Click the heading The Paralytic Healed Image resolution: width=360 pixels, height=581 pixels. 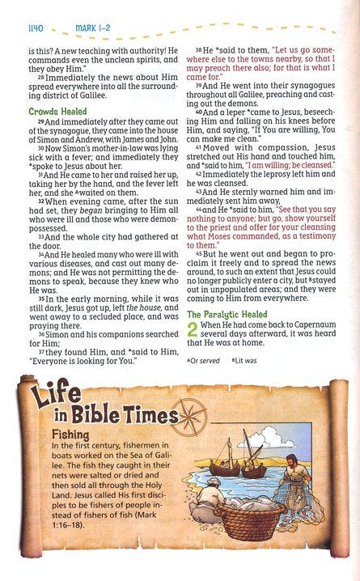pos(229,315)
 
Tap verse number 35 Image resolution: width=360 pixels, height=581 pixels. pos(39,299)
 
